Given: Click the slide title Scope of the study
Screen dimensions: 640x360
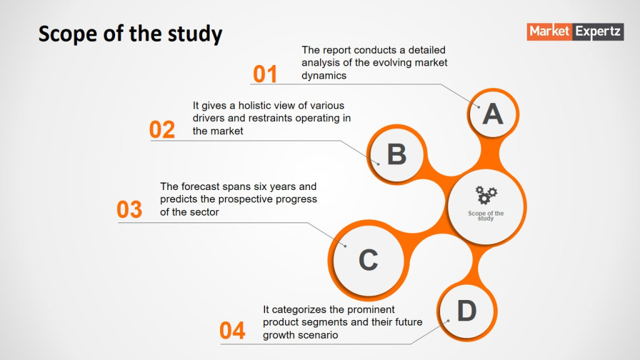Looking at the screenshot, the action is (x=130, y=34).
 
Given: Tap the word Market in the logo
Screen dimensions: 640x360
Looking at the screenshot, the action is (x=549, y=31).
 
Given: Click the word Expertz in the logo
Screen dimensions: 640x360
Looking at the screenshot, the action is (x=598, y=31).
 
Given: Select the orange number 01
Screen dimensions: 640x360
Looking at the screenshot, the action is (x=265, y=74).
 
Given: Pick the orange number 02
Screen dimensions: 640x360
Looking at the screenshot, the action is (x=162, y=130).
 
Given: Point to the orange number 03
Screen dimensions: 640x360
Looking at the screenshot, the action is (x=129, y=209).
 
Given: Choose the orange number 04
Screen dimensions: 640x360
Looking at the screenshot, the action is (x=232, y=330).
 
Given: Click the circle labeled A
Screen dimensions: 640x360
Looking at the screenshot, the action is (x=492, y=114).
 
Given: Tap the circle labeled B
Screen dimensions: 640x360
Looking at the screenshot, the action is (x=396, y=154).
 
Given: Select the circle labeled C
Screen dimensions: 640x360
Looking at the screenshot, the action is (x=368, y=260).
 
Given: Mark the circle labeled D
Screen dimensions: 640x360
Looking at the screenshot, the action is (x=466, y=311).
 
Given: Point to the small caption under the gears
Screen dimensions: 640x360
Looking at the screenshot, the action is (x=486, y=216).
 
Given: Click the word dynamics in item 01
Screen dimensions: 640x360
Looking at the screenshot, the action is (x=324, y=76).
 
